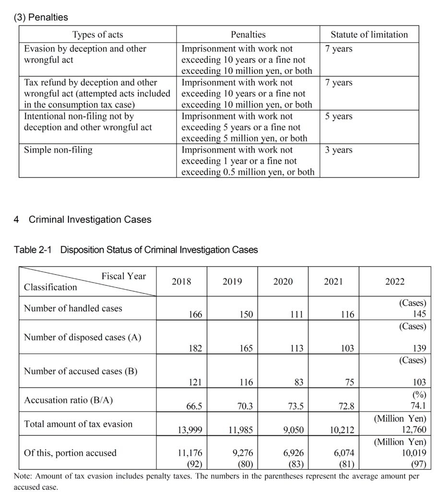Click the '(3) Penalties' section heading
point(41,17)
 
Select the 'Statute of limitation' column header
point(369,35)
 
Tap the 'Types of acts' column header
point(97,35)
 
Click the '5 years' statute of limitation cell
point(338,116)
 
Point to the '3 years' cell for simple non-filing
point(338,150)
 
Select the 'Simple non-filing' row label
point(58,150)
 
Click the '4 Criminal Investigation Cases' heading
point(83,220)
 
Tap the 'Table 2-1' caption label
point(35,250)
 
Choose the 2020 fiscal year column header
point(283,282)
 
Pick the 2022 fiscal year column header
point(394,282)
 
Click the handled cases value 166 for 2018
point(195,315)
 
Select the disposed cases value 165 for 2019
point(246,348)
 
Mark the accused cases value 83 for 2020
point(299,382)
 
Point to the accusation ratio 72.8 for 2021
point(346,406)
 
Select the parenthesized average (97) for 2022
point(417,464)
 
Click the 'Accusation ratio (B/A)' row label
point(69,400)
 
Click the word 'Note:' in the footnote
point(23,477)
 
